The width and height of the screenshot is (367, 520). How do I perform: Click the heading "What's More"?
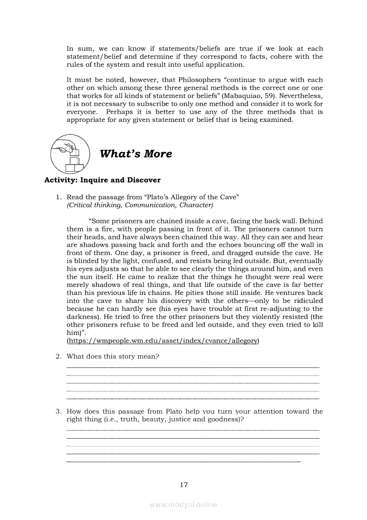click(x=136, y=154)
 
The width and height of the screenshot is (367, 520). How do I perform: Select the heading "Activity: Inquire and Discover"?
click(x=102, y=180)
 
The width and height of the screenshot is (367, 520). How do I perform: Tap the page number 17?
click(x=184, y=485)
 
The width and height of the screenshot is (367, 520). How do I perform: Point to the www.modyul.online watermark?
click(x=183, y=505)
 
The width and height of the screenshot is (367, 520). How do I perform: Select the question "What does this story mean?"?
click(x=113, y=356)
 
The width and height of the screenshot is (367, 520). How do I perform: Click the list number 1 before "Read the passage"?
click(x=58, y=197)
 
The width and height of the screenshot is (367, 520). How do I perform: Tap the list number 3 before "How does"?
click(x=58, y=411)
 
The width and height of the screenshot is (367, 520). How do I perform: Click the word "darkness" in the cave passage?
click(x=83, y=317)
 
